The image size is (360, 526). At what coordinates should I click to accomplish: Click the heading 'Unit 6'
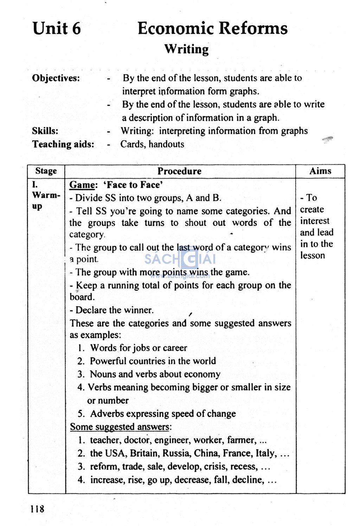coord(57,28)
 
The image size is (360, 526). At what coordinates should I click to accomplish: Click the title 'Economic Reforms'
coord(212,28)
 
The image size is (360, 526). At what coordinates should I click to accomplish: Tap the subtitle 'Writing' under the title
coord(186,49)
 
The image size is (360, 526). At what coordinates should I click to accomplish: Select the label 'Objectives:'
coord(56,78)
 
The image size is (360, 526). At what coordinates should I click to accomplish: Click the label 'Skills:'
coord(45,131)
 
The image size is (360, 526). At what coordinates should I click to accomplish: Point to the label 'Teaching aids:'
coord(63,144)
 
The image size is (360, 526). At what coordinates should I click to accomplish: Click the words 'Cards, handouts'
coord(152,144)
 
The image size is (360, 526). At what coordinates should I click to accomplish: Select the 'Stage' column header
coord(46,171)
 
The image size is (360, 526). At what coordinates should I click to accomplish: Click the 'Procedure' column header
coord(179,171)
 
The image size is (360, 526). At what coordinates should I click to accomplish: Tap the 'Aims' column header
coord(320,171)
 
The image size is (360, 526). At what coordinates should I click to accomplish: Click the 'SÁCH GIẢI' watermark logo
coord(180,260)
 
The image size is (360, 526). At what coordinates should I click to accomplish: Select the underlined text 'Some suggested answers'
coord(120,427)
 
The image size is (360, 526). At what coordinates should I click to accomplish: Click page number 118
coord(37,509)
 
